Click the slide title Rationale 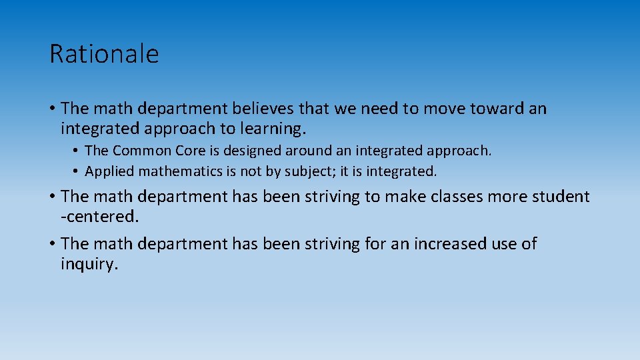(x=104, y=54)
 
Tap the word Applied (x=109, y=171)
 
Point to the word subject (x=311, y=171)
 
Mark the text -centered (x=99, y=217)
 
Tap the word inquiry (x=89, y=264)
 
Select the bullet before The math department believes (x=52, y=109)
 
